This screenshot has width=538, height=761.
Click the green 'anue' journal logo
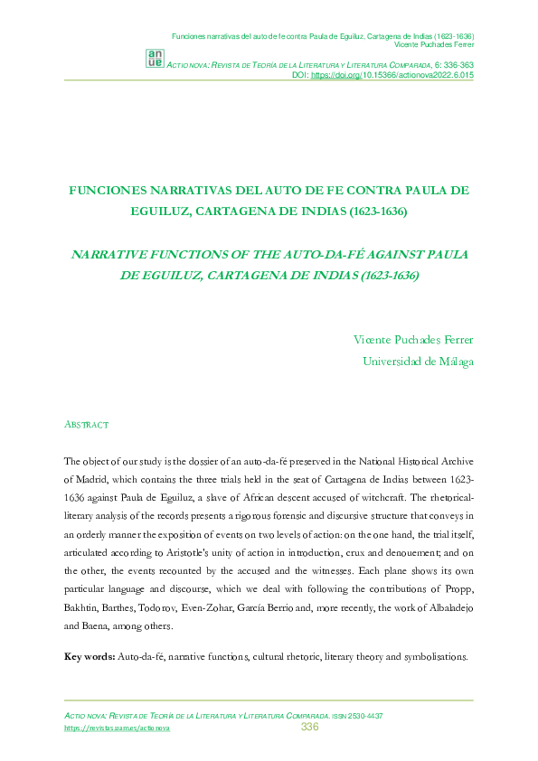(x=155, y=58)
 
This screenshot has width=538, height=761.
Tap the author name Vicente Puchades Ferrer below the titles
(x=412, y=340)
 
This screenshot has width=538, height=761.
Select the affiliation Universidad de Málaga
(x=417, y=362)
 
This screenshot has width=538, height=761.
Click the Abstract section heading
(x=87, y=424)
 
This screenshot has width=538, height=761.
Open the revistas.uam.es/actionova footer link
(x=117, y=728)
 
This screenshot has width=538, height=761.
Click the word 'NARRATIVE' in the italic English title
(x=113, y=254)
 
